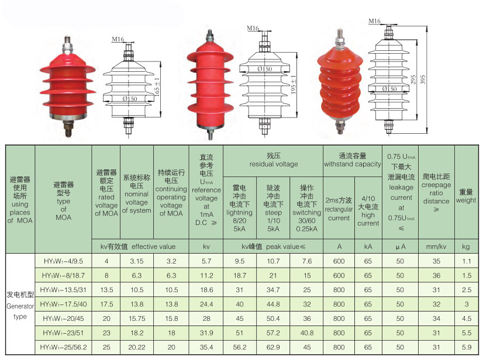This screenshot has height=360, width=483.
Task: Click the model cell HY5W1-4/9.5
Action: (x=64, y=261)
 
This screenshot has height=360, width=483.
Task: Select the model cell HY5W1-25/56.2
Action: (x=64, y=347)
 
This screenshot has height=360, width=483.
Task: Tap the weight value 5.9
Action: (x=467, y=347)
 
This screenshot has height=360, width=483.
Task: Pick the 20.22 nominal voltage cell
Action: (x=137, y=347)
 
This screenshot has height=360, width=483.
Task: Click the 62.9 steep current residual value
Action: (x=273, y=347)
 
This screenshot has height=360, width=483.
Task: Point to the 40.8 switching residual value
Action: (x=307, y=333)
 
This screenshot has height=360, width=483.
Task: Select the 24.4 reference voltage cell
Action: (x=206, y=304)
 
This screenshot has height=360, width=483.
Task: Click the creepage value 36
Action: (x=436, y=276)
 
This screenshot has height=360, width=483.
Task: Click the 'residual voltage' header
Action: (x=274, y=160)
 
